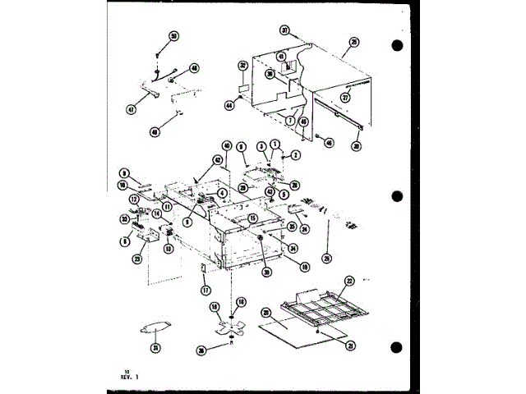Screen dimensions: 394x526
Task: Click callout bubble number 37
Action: pos(285,30)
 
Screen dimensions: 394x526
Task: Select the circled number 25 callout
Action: pos(354,42)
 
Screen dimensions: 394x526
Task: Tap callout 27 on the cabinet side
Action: pos(346,97)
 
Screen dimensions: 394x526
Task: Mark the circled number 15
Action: pos(253,218)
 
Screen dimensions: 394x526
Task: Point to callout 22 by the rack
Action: pos(348,281)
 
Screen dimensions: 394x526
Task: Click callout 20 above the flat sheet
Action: pos(266,312)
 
